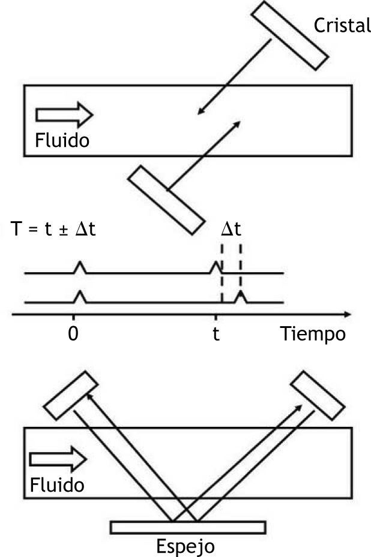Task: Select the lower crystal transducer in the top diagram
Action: [x=167, y=200]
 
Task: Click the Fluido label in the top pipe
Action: [x=62, y=141]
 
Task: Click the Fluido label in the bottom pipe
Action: [x=58, y=484]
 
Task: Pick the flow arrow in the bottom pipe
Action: [x=58, y=459]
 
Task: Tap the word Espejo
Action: [x=185, y=547]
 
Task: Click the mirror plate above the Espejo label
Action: [x=188, y=526]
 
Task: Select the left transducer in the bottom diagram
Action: [x=71, y=396]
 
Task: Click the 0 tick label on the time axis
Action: [x=73, y=333]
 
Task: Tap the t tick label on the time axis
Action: [x=216, y=333]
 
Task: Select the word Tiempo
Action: [x=313, y=333]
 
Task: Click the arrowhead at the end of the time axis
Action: [x=346, y=314]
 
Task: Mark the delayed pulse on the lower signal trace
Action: [x=240, y=296]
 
